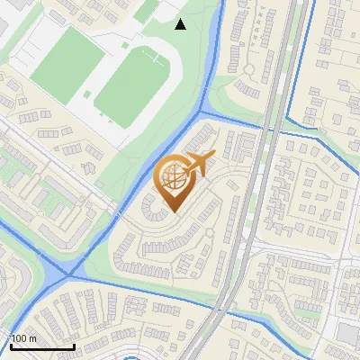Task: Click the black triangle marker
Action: click(x=180, y=24)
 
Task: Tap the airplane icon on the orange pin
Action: click(x=196, y=164)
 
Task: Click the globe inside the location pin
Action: click(x=172, y=177)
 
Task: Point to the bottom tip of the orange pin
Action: click(x=171, y=211)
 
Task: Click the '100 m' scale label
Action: click(x=23, y=338)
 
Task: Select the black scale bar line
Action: click(x=41, y=346)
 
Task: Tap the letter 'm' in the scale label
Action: click(x=32, y=338)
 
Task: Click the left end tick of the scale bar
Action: click(x=10, y=345)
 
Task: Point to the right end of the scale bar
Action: click(x=74, y=346)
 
